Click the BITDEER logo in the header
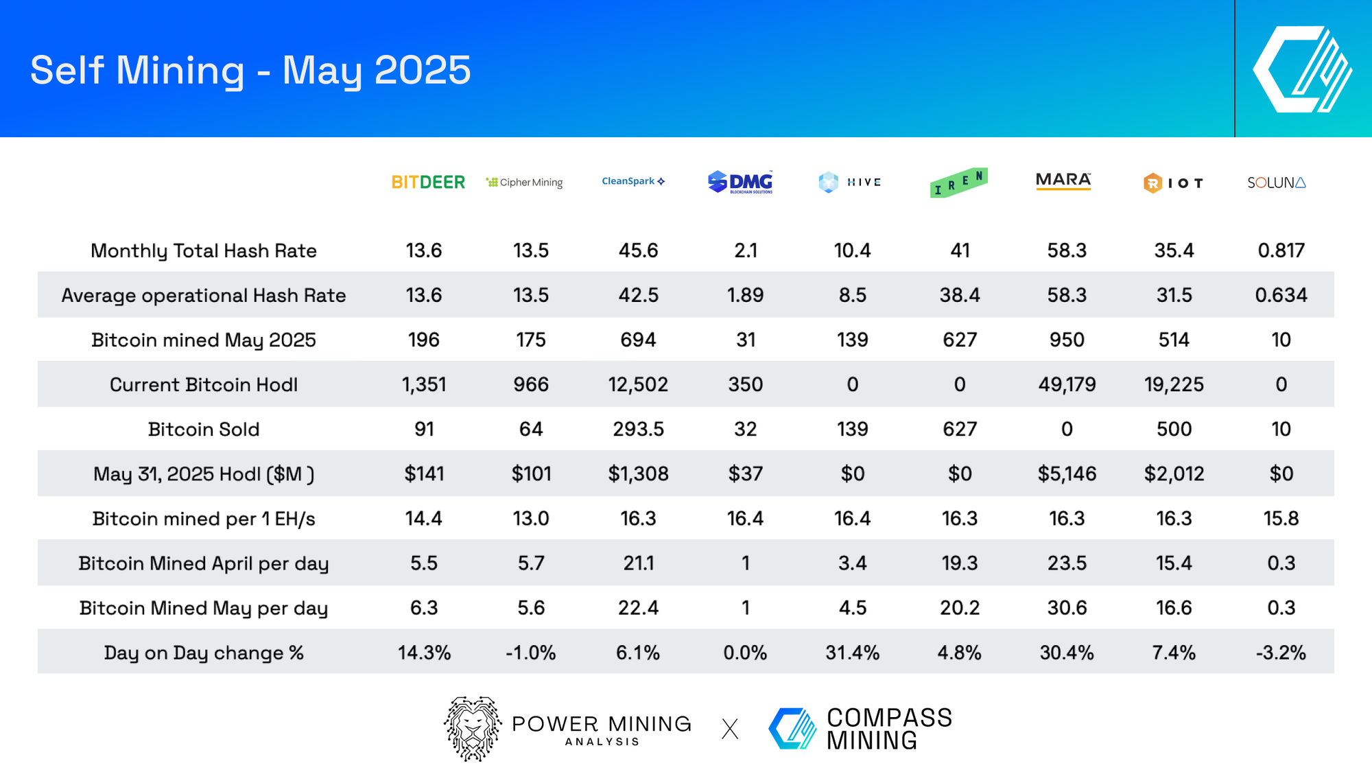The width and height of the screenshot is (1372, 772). tap(428, 182)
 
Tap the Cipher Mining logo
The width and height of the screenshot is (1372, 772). tap(525, 182)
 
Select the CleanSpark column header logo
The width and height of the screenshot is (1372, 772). tap(633, 181)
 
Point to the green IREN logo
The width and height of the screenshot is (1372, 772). tap(959, 183)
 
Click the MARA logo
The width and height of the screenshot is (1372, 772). tap(1063, 180)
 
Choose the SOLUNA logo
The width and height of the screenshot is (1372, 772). tap(1277, 183)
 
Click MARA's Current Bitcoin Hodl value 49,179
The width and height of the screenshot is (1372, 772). tap(1067, 384)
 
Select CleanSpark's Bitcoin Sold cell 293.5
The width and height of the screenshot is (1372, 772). tap(638, 429)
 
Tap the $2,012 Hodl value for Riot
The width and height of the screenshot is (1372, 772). tap(1174, 473)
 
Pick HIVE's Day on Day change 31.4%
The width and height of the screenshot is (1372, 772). tap(852, 652)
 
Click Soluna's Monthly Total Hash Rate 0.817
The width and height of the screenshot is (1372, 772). tap(1281, 250)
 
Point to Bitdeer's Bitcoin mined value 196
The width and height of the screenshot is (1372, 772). tap(423, 340)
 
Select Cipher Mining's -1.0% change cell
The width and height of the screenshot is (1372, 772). tap(530, 652)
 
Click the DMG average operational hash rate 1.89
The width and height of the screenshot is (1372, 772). tap(745, 295)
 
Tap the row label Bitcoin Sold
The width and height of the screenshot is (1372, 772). tap(204, 429)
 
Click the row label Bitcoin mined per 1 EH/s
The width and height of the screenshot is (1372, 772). tap(204, 518)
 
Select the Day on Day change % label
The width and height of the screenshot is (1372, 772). tap(204, 652)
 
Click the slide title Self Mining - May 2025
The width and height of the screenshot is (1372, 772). tap(250, 70)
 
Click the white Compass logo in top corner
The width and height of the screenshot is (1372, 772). tap(1302, 69)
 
